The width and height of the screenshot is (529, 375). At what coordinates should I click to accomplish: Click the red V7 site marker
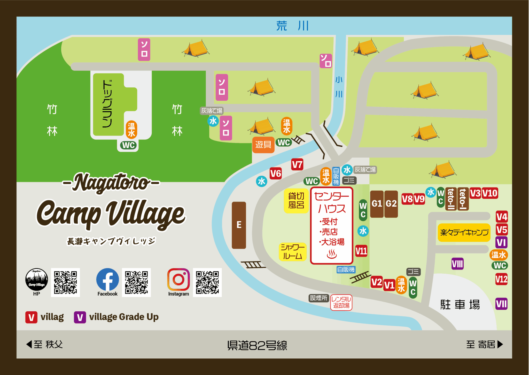click(x=297, y=164)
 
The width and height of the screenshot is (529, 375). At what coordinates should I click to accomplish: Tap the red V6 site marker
click(x=276, y=174)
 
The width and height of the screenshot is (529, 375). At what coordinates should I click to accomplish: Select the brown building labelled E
click(x=239, y=225)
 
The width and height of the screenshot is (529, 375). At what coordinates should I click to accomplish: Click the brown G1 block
click(x=377, y=204)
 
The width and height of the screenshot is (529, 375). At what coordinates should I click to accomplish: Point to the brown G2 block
click(x=391, y=204)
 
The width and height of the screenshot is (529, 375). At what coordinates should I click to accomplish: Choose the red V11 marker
click(x=361, y=251)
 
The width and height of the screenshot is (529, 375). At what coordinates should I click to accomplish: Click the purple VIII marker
click(x=457, y=264)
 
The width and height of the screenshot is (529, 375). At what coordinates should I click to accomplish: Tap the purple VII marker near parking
click(x=501, y=304)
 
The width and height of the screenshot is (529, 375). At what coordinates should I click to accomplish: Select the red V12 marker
click(x=501, y=279)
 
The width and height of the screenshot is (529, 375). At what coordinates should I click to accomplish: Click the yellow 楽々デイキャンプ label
click(x=464, y=233)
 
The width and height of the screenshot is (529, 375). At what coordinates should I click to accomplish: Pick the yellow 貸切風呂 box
click(x=296, y=200)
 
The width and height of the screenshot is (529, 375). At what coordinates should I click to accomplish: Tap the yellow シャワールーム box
click(x=292, y=252)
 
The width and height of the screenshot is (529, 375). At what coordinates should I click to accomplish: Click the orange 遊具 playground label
click(x=263, y=144)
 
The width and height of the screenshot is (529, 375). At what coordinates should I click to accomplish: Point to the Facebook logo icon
click(x=107, y=280)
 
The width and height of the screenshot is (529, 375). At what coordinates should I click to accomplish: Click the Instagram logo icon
click(x=178, y=280)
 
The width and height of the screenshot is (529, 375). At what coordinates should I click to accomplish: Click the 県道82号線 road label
click(x=257, y=345)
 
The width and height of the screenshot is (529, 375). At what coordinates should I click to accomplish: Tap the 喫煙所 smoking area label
click(x=319, y=298)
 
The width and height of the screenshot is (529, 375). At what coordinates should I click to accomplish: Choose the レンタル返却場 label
click(x=341, y=302)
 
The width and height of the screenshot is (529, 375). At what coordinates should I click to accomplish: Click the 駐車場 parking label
click(x=460, y=305)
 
